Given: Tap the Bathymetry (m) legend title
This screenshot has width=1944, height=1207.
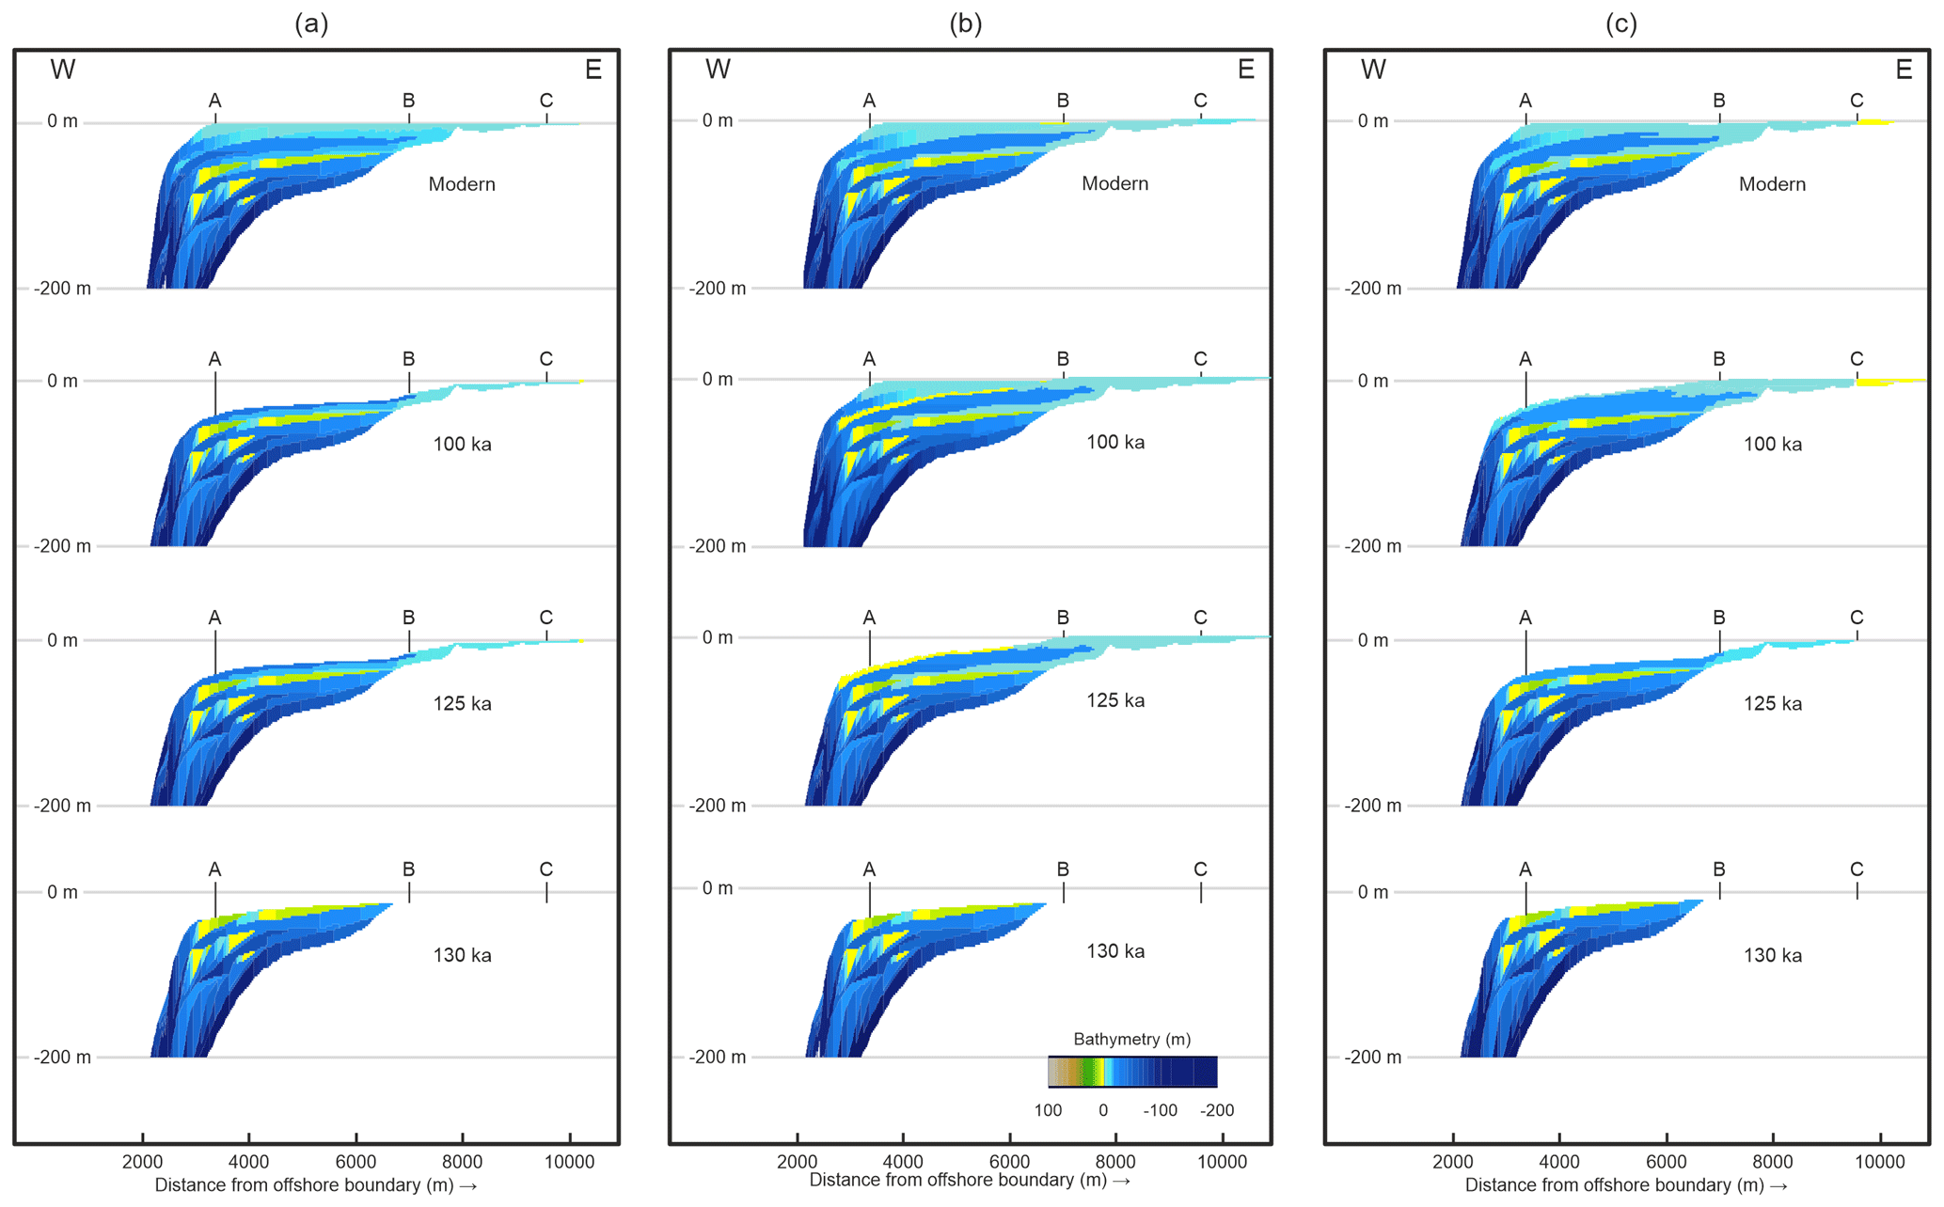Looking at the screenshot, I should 1131,1039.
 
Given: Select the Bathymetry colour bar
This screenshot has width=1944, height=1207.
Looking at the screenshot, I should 1132,1072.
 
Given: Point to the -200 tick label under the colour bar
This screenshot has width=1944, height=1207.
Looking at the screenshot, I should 1217,1110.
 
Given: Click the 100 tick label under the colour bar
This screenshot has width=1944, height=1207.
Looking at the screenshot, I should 1048,1110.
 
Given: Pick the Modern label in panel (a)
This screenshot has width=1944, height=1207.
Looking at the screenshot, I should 462,184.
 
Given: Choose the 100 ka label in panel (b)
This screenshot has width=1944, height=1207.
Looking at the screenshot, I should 1115,443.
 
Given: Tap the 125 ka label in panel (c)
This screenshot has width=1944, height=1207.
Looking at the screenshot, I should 1773,704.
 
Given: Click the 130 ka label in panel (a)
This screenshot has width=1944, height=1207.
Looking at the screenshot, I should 462,955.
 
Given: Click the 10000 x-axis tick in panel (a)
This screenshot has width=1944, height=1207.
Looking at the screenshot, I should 569,1162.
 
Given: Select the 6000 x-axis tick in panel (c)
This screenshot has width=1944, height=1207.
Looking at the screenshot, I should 1666,1162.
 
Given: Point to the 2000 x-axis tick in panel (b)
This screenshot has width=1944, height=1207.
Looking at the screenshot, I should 797,1162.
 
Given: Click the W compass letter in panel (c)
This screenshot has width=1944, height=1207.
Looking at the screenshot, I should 1373,70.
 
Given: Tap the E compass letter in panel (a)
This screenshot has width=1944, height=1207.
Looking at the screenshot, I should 593,70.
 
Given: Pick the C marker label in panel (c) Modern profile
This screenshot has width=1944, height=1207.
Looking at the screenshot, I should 1857,101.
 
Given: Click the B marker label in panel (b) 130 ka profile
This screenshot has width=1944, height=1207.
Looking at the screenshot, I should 1063,870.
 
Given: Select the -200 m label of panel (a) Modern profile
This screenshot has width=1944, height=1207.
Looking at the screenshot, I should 63,289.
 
